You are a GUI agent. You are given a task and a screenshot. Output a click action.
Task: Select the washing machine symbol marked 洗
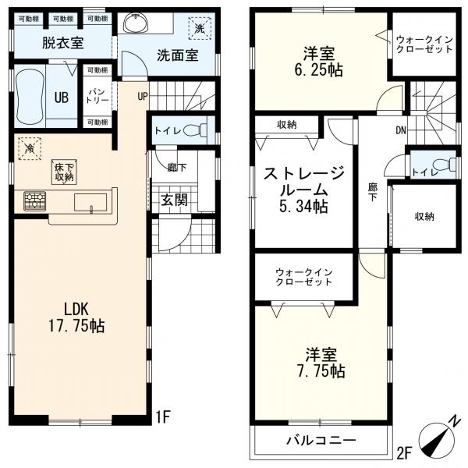click(x=200, y=28)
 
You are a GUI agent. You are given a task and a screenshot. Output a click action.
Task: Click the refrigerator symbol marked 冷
click(x=30, y=149)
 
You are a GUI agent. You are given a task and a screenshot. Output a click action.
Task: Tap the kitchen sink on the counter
click(x=90, y=203)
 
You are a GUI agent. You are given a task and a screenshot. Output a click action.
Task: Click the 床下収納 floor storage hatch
click(x=64, y=172)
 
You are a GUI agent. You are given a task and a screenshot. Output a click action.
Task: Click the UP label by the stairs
click(x=143, y=96)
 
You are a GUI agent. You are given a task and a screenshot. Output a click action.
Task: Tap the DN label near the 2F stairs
click(x=401, y=130)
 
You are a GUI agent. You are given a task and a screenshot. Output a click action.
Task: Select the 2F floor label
click(x=404, y=452)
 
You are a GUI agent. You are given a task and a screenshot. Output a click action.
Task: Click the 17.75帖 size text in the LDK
click(x=76, y=326)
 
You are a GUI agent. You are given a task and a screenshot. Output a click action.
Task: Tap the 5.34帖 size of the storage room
click(x=303, y=206)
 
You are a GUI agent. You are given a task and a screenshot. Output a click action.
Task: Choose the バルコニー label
click(x=321, y=440)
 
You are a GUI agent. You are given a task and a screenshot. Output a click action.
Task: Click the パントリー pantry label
click(x=97, y=96)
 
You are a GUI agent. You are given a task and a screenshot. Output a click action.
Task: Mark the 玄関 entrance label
click(x=174, y=200)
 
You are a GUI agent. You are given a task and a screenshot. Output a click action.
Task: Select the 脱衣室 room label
click(x=62, y=43)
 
